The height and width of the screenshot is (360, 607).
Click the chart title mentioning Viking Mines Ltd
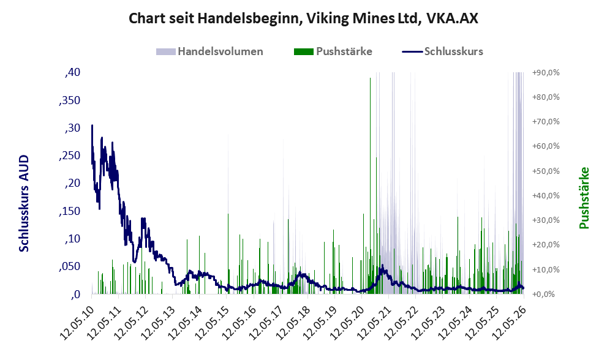(x=303, y=18)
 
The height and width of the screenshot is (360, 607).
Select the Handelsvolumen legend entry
(x=209, y=51)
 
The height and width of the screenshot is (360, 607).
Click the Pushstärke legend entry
(x=333, y=51)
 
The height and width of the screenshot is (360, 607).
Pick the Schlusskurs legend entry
(x=442, y=51)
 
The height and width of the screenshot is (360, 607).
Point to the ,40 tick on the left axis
(x=73, y=72)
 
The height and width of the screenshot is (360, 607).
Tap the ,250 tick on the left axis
(x=70, y=156)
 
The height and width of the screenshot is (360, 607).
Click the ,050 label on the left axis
(x=70, y=267)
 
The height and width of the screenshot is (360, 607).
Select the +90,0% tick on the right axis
(x=546, y=72)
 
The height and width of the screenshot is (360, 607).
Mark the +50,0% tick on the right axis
(x=546, y=171)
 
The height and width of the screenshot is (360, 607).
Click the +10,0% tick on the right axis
(x=546, y=269)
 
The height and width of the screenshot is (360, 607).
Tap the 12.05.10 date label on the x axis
(x=77, y=323)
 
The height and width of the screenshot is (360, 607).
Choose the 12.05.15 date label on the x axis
(x=213, y=323)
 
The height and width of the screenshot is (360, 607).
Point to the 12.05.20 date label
(x=347, y=323)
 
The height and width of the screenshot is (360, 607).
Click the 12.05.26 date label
(x=509, y=323)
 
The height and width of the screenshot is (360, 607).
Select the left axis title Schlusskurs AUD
(x=24, y=204)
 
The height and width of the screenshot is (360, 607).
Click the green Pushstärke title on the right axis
(x=584, y=198)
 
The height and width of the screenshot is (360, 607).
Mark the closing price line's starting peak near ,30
(x=92, y=125)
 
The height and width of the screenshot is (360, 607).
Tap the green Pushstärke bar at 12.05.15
(x=228, y=252)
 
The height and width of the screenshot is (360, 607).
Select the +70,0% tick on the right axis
(x=546, y=122)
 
